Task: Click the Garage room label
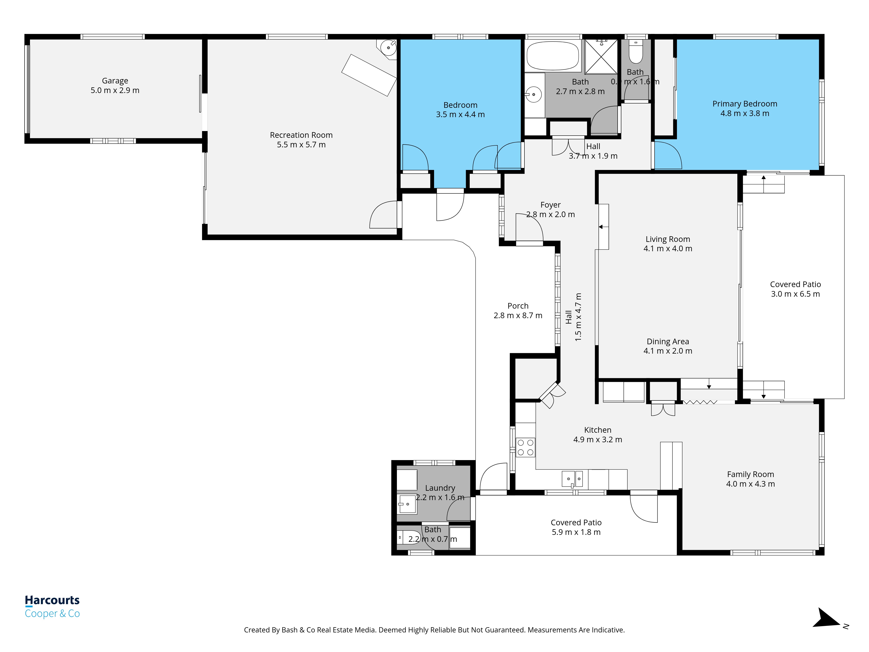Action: click(115, 81)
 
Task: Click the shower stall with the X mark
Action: click(601, 57)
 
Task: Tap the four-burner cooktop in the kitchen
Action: click(525, 447)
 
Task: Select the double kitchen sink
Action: click(572, 479)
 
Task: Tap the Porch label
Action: click(518, 306)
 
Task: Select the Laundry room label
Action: click(440, 488)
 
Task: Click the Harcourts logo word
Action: click(52, 600)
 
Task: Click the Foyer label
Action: click(550, 205)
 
